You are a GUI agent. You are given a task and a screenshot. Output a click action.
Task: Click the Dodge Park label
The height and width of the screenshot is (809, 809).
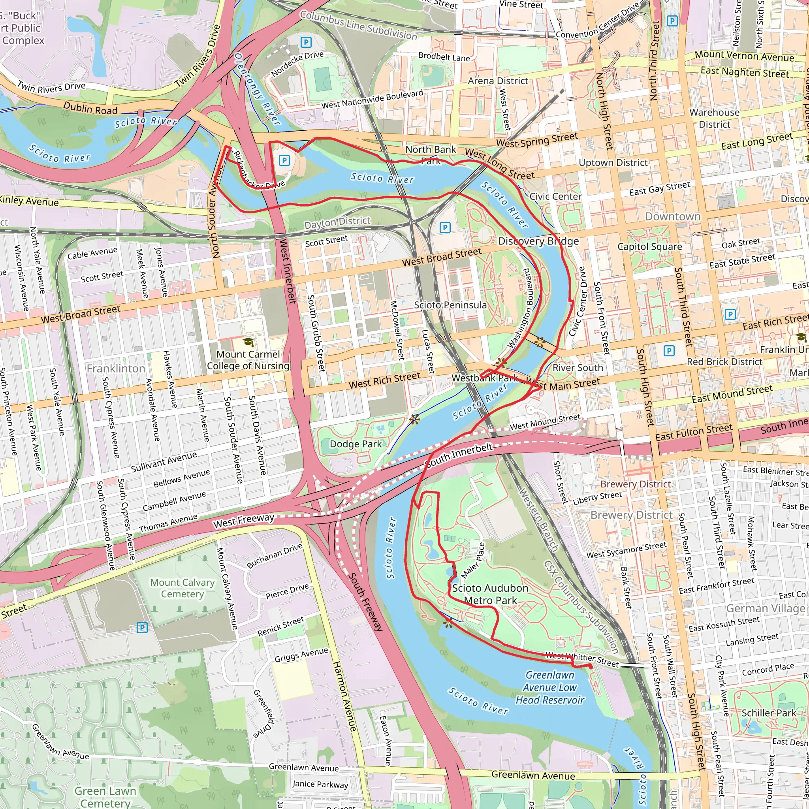[356, 444]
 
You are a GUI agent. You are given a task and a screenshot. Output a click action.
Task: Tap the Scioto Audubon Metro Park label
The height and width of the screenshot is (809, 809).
[490, 594]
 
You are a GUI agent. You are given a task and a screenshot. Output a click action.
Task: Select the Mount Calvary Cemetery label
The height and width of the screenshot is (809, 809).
[182, 588]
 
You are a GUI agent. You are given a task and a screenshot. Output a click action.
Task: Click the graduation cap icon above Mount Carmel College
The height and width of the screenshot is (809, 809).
[248, 342]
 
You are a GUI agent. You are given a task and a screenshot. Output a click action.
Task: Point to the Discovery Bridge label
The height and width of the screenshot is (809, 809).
[538, 241]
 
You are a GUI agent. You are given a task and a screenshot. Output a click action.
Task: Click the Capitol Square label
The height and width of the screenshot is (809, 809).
[649, 246]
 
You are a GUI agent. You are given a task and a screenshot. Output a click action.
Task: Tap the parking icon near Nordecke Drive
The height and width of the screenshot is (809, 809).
[306, 42]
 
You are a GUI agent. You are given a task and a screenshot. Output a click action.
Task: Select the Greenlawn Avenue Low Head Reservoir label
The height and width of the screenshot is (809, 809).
[549, 687]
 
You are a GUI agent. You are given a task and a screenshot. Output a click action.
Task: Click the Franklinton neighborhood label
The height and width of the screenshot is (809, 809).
[116, 369]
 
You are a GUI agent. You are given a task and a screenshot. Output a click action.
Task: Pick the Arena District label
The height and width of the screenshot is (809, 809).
[498, 81]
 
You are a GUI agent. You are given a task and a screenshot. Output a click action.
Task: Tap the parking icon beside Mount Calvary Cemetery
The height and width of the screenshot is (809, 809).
[142, 627]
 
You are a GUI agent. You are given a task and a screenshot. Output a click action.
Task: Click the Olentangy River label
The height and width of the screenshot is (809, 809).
[257, 88]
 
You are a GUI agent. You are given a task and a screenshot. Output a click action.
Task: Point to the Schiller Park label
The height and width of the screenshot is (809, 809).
[769, 713]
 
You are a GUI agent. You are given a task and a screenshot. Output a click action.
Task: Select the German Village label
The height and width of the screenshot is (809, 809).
[765, 608]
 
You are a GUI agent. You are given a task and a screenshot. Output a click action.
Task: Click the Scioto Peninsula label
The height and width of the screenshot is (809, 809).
[450, 305]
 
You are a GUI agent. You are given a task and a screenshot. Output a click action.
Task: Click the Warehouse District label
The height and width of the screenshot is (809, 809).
[714, 119]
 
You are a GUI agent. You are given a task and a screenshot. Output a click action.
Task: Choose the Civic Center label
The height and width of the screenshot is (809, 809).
[555, 196]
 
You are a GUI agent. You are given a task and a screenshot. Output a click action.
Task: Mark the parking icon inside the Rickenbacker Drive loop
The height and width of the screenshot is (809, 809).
[284, 160]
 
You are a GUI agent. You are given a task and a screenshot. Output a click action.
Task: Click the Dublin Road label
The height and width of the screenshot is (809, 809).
[90, 109]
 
